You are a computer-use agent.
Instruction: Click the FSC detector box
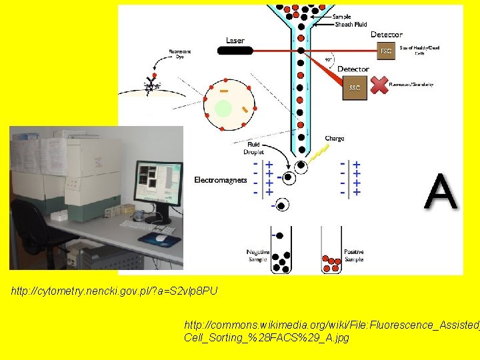pos(385,51)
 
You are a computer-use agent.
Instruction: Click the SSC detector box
pos(355,88)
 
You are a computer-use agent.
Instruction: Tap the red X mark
pos(379,85)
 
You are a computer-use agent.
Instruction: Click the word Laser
pos(235,41)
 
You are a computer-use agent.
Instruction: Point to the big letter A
pos(441,193)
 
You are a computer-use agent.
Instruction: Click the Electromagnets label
pos(221,180)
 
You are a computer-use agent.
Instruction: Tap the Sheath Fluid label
pos(351,25)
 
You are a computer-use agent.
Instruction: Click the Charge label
pos(335,139)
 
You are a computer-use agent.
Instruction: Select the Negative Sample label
pos(257,255)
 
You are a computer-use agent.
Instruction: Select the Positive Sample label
pos(354,255)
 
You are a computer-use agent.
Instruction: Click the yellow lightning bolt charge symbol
pos(321,153)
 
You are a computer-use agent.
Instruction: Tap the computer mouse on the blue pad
pos(161,237)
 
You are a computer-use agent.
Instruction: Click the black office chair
pos(33,230)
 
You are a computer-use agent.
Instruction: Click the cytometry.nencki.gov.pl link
pos(114,291)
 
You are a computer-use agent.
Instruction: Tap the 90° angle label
pos(328,59)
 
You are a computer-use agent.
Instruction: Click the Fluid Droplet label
pos(253,148)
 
